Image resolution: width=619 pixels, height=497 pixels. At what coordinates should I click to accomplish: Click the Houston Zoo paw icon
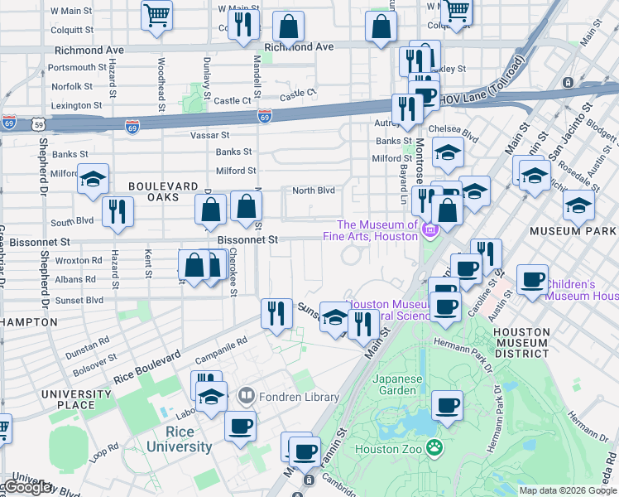point(435,448)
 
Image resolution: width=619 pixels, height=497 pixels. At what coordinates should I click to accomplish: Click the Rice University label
point(180,439)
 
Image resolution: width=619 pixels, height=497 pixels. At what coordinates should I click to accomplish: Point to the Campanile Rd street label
point(221,350)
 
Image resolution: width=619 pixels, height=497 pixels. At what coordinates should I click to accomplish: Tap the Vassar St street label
point(209,134)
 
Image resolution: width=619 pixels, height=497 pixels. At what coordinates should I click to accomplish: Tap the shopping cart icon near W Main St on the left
point(156,15)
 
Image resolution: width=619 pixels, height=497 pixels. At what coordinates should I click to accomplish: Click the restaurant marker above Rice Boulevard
point(276,311)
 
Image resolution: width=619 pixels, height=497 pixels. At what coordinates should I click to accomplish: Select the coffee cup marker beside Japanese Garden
point(448,406)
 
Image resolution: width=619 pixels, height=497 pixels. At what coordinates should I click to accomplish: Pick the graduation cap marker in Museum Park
point(578,204)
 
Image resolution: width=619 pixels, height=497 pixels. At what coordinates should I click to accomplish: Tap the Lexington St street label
point(76,105)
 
